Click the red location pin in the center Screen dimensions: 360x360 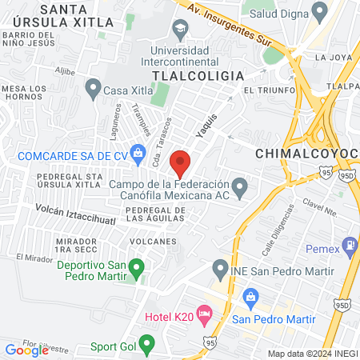(x=181, y=162)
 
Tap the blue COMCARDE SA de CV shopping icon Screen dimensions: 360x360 (x=138, y=151)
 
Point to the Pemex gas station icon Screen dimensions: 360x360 (x=350, y=244)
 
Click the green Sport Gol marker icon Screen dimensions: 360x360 (x=146, y=345)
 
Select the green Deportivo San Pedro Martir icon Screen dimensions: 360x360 (x=136, y=266)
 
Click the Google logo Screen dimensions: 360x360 (x=26, y=350)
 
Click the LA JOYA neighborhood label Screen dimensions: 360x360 (x=334, y=58)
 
